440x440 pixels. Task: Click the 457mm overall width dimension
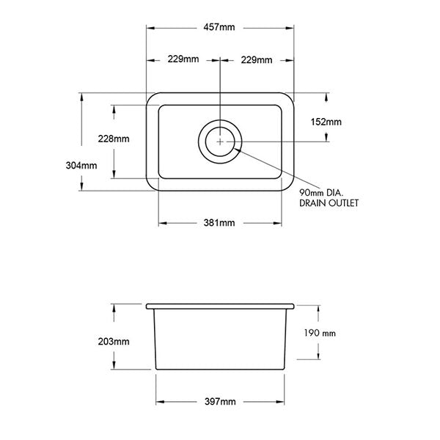220,28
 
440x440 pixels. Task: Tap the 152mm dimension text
326,122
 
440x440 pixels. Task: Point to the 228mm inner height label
114,139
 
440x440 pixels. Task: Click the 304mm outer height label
81,165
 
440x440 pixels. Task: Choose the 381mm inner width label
220,222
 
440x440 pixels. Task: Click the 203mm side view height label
114,342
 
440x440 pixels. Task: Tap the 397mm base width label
220,402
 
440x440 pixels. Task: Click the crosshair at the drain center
220,140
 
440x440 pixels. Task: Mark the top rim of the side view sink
220,304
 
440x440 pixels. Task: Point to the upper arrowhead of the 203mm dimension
114,305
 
